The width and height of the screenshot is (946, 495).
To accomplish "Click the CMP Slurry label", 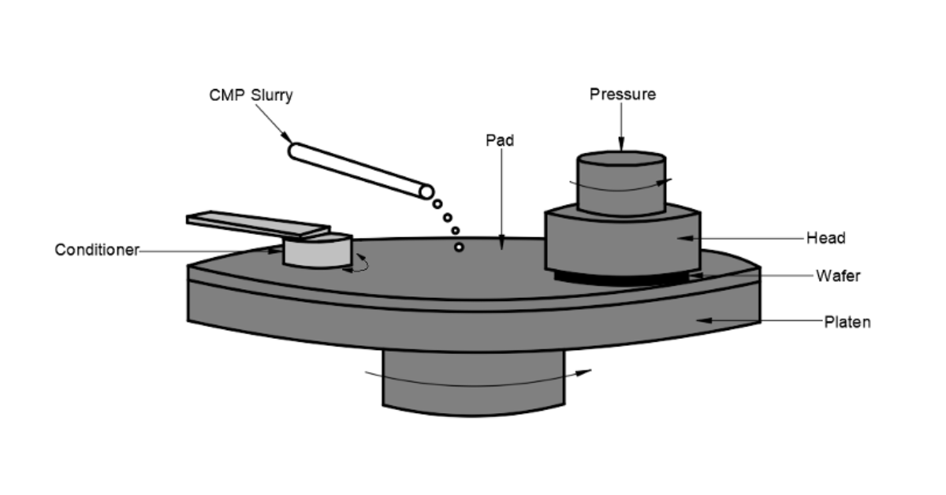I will pos(251,95).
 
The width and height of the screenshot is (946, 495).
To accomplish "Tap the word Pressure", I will pos(622,95).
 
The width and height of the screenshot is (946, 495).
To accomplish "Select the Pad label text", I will pos(500,140).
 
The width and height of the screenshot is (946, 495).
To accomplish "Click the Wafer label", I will pos(837,276).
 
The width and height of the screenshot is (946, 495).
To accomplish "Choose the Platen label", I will pos(847,322).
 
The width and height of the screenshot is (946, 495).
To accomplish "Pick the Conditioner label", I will pos(97,251).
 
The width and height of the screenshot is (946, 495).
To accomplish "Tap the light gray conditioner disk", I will pos(315,252).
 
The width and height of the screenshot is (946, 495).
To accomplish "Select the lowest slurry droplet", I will pos(459,247).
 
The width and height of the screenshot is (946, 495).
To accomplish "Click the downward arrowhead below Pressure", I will pos(621,146).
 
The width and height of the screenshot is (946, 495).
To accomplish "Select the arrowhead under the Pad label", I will pos(501,246).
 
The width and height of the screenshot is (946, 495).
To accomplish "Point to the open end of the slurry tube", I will pos(426,192).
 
